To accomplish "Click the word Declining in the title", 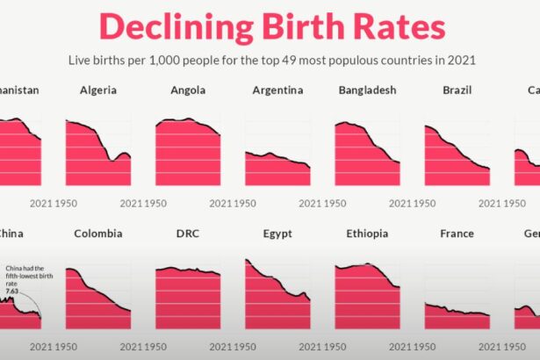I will (x=167, y=26).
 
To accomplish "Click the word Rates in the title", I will (x=400, y=26).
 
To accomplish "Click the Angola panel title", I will (x=188, y=90).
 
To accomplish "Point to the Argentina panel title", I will (x=277, y=90).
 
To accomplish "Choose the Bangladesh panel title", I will (x=367, y=90).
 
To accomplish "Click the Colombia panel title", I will (x=97, y=234).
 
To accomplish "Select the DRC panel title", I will (x=188, y=234).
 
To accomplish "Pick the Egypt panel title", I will (x=277, y=234).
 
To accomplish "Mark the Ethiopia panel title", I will (x=367, y=234).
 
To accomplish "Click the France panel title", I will (x=457, y=234).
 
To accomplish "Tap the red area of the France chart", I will (x=455, y=320).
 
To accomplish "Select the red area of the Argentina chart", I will (x=277, y=171).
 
